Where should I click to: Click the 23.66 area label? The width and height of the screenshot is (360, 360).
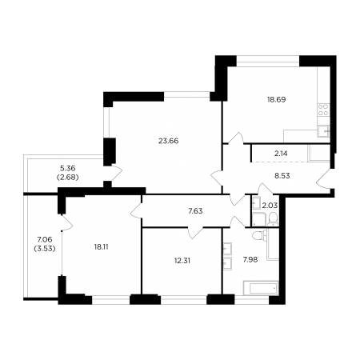[x=168, y=141]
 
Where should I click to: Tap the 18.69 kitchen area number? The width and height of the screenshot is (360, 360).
[x=277, y=99]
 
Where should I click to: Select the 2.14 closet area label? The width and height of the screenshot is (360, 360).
[x=281, y=154]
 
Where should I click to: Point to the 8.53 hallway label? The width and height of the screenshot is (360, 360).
[x=282, y=176]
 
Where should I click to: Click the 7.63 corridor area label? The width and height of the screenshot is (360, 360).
[x=195, y=211]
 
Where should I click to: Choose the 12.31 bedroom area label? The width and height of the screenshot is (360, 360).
[x=182, y=261]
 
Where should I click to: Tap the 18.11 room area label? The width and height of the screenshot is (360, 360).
[x=101, y=247]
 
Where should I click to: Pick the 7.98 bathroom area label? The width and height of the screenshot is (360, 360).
[x=250, y=259]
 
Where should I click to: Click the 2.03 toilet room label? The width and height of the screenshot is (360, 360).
[x=270, y=206]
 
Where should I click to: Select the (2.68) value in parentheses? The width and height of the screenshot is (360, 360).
[x=68, y=178]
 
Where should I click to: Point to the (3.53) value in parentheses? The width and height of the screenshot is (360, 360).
[x=45, y=249]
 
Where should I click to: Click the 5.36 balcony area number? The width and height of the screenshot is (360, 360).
[x=68, y=169]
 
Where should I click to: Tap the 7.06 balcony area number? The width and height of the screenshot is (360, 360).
[x=45, y=239]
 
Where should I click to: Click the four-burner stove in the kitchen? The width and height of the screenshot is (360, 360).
[x=323, y=110]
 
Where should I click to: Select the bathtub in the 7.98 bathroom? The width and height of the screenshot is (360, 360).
[x=261, y=288]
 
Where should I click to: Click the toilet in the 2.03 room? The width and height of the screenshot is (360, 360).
[x=273, y=219]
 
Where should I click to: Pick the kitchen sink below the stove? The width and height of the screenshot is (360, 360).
[x=323, y=131]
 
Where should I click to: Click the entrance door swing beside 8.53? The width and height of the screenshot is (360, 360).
[x=323, y=179]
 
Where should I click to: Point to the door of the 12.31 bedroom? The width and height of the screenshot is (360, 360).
[x=195, y=233]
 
